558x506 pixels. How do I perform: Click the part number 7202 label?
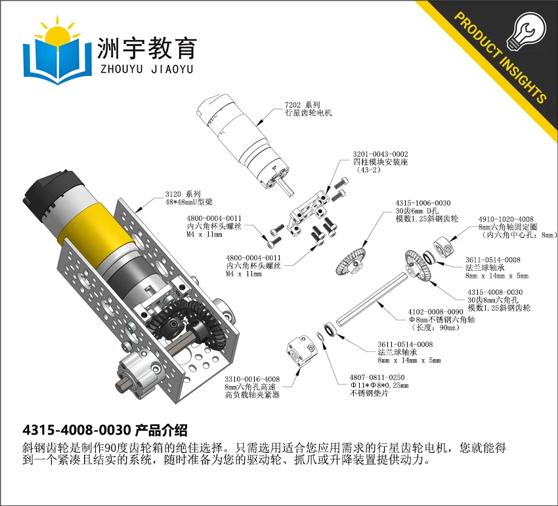(293, 105)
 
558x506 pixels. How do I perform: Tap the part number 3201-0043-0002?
(380, 154)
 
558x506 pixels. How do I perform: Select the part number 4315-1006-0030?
(423, 203)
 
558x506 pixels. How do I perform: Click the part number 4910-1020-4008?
(505, 219)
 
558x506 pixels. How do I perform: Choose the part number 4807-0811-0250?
(377, 378)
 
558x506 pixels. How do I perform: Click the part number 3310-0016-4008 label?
(252, 379)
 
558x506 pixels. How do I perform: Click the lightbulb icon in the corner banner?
(526, 31)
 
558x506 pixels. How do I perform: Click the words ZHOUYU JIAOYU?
(146, 69)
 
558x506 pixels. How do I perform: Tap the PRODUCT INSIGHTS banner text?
(500, 58)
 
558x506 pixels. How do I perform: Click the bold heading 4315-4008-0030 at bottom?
(77, 431)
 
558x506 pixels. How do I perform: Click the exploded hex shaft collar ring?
(443, 246)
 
